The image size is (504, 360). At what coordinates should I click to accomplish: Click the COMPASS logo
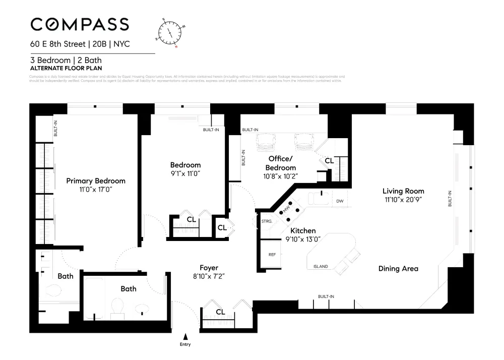tap(80, 24)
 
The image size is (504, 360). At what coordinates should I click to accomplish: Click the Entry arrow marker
tap(185, 336)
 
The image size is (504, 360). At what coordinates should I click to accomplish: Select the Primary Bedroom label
tap(96, 181)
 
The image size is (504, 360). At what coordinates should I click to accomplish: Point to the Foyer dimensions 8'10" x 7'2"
tap(209, 276)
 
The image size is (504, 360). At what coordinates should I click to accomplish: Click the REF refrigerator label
tap(272, 255)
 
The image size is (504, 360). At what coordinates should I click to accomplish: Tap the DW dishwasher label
tap(340, 201)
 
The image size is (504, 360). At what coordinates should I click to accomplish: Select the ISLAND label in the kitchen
tap(321, 266)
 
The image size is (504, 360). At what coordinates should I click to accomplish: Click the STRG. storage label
tap(267, 221)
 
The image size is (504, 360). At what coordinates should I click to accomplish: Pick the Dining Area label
tap(398, 269)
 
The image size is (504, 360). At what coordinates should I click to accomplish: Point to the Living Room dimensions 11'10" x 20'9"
tap(403, 200)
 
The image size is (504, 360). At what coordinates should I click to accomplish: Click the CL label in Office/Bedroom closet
tap(329, 160)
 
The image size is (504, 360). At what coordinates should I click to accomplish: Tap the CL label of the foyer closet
tap(220, 312)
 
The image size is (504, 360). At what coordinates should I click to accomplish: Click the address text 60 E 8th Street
tap(58, 44)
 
